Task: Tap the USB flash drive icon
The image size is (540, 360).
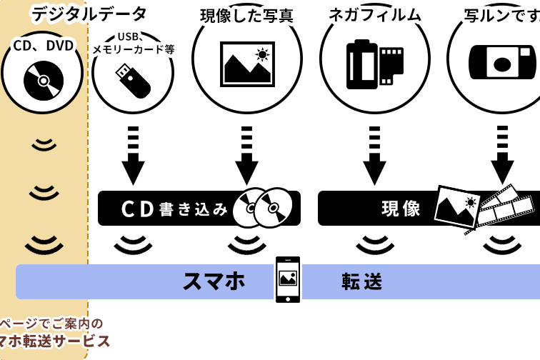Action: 133,81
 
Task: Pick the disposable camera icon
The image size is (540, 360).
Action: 502,63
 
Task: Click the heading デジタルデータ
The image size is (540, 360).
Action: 89,14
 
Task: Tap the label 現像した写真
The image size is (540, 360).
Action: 246,15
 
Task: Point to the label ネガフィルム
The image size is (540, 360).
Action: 375,14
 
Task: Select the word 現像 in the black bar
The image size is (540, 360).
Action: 401,209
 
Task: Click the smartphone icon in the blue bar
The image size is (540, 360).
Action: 288,279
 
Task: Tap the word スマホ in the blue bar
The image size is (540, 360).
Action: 214,281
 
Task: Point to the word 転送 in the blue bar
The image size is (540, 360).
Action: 363,281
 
